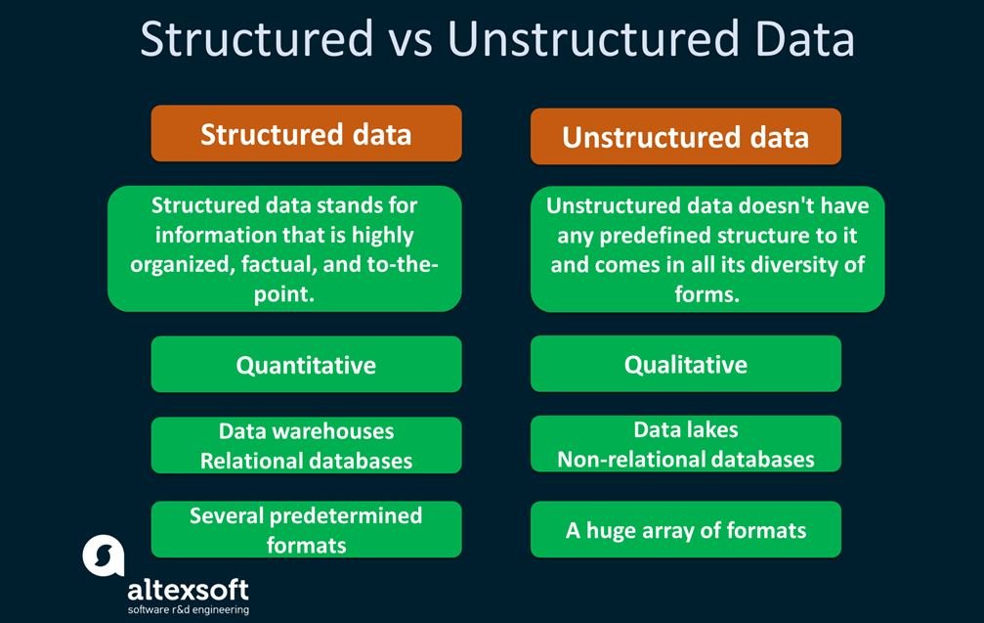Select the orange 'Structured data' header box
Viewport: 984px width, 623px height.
[306, 133]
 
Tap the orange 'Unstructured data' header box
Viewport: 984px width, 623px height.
[685, 136]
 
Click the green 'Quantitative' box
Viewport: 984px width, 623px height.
[306, 364]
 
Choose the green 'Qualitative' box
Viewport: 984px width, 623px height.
[685, 364]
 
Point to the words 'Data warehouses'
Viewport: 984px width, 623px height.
[306, 431]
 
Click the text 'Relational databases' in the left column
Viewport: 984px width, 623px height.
[306, 461]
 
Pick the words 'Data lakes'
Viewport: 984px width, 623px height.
[686, 429]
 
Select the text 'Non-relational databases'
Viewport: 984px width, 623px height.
[686, 459]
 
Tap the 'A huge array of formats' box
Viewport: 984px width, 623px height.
[685, 529]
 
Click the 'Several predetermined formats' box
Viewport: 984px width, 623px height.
[306, 529]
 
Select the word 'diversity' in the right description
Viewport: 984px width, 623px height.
[792, 264]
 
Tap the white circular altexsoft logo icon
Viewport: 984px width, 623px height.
[104, 556]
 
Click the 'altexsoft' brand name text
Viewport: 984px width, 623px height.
[189, 590]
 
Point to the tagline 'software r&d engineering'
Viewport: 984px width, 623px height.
[189, 610]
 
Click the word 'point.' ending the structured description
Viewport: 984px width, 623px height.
[284, 294]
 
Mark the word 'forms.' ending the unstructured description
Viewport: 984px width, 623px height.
[707, 294]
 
